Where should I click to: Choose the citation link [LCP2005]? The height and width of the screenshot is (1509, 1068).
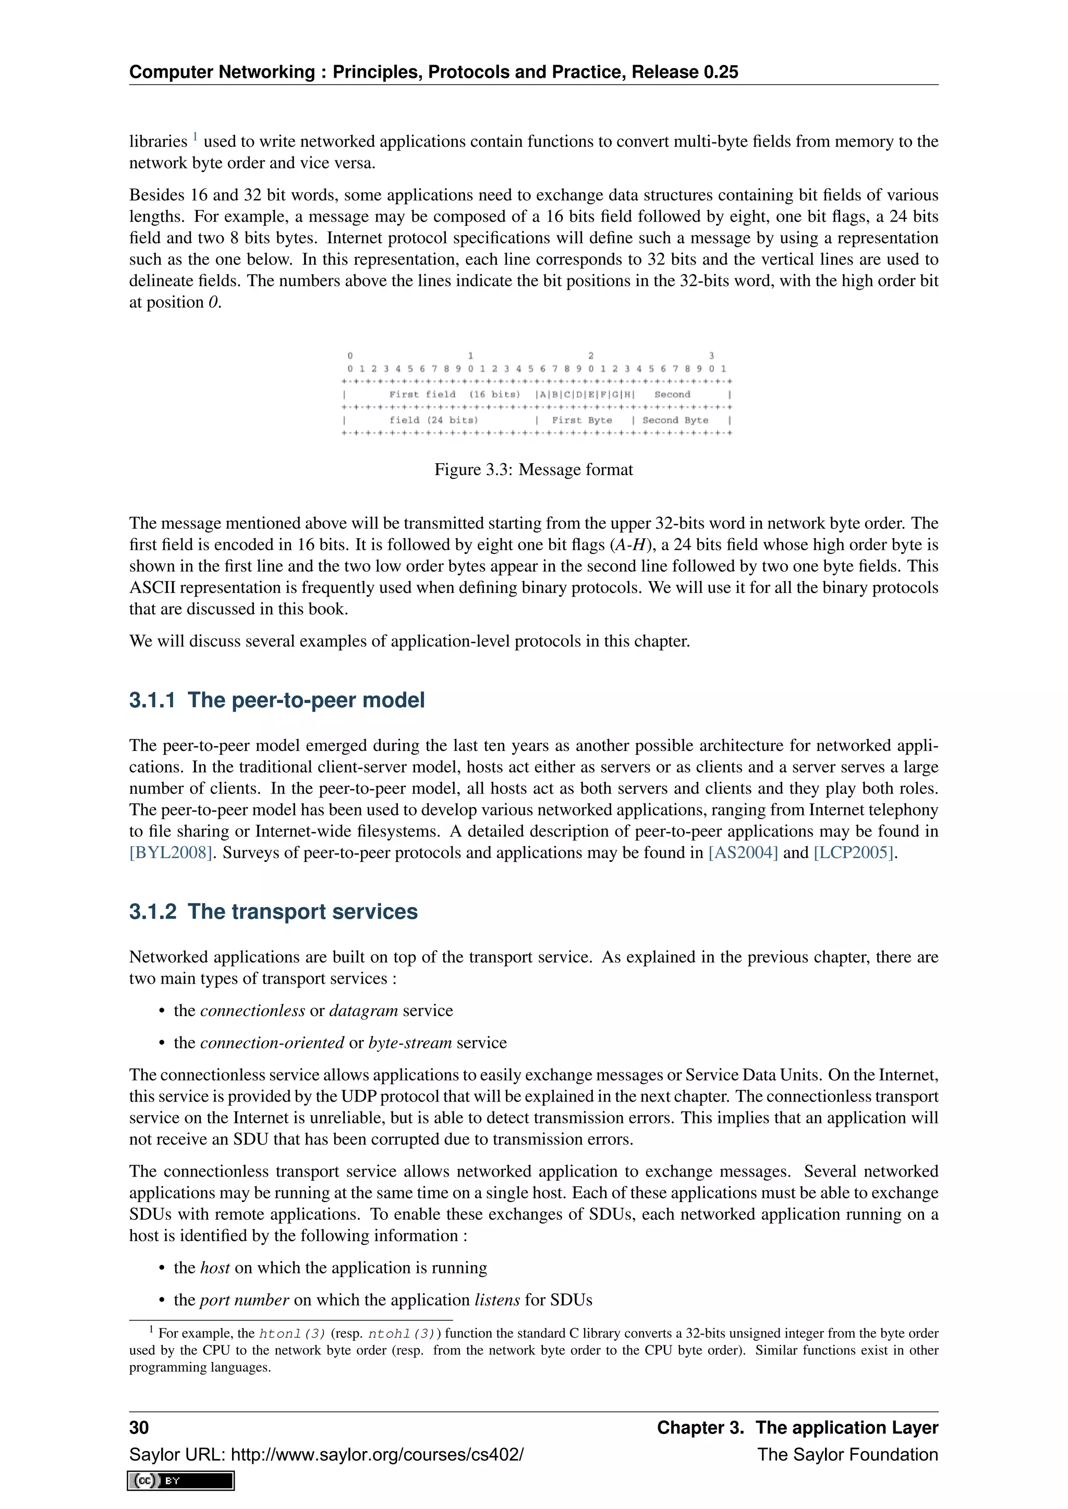(854, 852)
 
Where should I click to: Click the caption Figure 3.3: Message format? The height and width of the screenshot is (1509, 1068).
(533, 469)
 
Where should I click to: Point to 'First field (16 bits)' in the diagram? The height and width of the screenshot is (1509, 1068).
(454, 394)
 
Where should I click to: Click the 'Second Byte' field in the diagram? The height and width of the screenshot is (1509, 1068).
(675, 420)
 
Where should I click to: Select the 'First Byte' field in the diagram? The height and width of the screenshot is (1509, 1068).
(581, 420)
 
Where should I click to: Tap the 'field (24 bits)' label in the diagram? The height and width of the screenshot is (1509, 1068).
(433, 420)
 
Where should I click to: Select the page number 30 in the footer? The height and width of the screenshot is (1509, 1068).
(139, 1428)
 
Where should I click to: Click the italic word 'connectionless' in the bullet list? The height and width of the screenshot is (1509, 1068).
(252, 1010)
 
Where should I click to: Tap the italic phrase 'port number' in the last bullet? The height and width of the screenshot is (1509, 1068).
(244, 1300)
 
